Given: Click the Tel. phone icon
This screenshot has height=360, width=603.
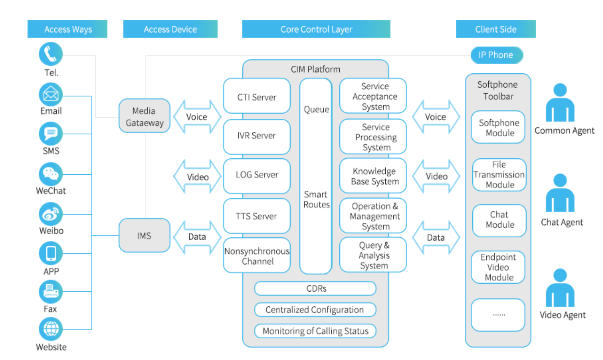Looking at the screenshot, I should tap(51, 54).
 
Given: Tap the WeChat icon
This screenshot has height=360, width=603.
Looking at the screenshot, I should tap(51, 174).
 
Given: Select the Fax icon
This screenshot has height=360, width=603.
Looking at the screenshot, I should tap(51, 291).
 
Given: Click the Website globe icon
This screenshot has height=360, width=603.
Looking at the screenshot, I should tap(51, 329).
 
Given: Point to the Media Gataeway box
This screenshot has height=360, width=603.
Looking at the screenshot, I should tap(144, 116).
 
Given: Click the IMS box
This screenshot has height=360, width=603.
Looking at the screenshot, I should tap(144, 235).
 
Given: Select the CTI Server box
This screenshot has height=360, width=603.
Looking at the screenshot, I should tap(257, 97).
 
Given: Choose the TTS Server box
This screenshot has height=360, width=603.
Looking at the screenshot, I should tap(257, 216).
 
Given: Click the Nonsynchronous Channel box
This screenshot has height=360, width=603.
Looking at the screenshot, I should tap(257, 256).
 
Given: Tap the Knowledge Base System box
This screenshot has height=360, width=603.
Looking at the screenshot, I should tap(374, 176).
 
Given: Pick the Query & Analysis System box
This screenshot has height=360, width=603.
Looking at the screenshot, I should tap(374, 255).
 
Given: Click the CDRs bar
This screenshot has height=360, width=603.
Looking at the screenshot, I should tap(315, 289).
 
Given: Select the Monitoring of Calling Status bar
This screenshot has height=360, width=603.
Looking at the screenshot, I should tap(315, 331).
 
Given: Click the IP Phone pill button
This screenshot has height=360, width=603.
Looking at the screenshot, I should tap(496, 55).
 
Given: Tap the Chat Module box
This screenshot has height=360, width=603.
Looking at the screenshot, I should tap(499, 220).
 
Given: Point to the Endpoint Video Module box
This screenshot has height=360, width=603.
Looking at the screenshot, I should tap(498, 267).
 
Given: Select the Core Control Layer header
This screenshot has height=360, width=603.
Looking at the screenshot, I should tap(316, 29).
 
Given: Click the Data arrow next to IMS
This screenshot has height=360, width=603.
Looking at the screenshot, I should tap(197, 237).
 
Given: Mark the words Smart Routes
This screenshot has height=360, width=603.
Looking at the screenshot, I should tap(316, 199).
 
